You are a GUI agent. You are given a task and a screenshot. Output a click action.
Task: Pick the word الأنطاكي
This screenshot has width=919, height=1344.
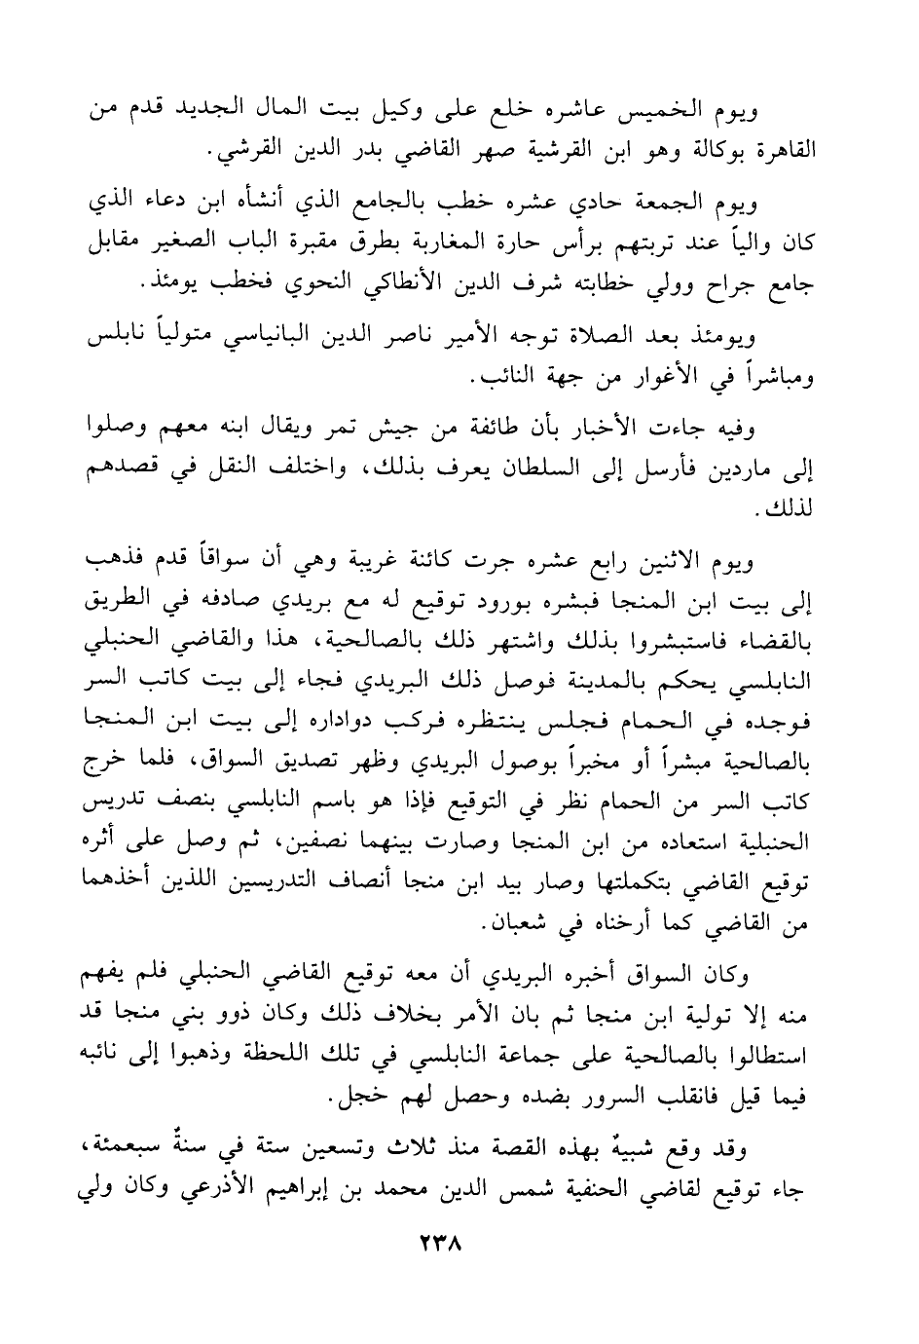click(x=428, y=283)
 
